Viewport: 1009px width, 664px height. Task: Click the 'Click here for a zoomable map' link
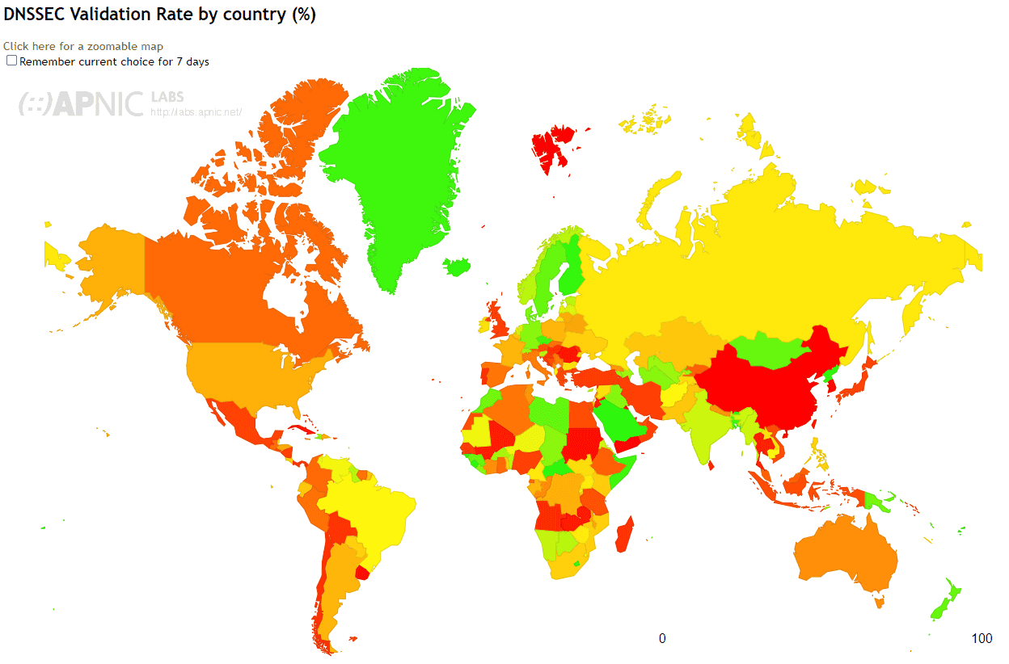click(x=83, y=47)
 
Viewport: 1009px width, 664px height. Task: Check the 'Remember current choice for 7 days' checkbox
click(x=11, y=61)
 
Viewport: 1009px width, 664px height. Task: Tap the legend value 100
click(x=982, y=639)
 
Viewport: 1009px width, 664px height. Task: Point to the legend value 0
click(x=662, y=639)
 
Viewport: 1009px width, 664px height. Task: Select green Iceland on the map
click(x=458, y=266)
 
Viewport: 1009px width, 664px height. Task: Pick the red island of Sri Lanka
click(x=711, y=464)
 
